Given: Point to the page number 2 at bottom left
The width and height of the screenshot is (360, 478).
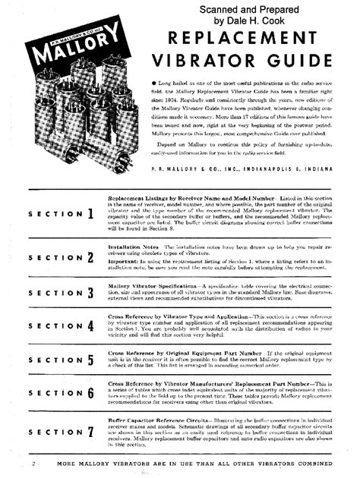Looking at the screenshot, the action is coord(35,461).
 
